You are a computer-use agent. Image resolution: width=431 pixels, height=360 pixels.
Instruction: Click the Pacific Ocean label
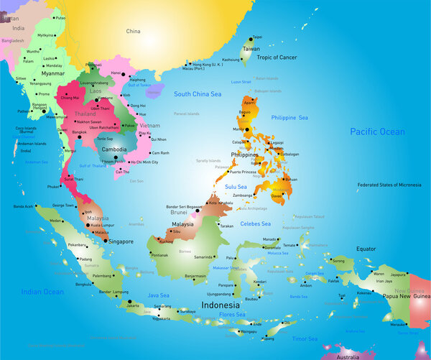click(377, 131)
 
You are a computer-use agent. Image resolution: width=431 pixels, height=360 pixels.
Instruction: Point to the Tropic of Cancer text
click(277, 57)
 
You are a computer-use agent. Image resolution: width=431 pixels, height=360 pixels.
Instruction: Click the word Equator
click(366, 249)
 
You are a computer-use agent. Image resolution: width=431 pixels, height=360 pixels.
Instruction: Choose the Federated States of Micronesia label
click(389, 185)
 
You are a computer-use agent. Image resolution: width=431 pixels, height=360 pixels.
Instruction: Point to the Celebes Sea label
click(255, 223)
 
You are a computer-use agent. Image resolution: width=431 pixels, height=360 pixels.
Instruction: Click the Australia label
click(350, 356)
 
